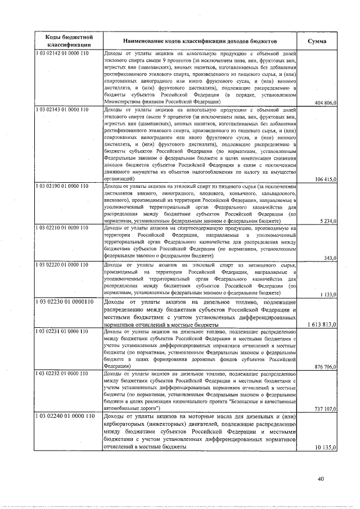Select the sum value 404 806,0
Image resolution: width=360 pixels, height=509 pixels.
326,103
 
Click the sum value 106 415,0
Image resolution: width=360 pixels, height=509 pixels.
326,179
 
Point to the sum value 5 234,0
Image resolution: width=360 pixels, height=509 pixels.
328,221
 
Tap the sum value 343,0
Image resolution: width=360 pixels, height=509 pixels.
331,258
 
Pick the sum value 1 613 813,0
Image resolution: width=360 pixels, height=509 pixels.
321,325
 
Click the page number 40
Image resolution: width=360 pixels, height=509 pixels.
320,479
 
